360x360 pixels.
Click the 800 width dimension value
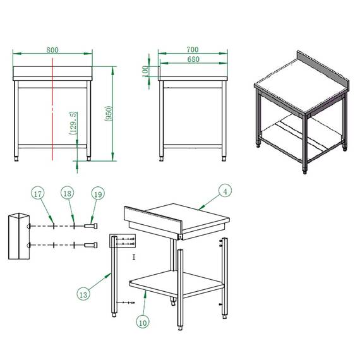(x=52, y=49)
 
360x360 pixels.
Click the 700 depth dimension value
(x=193, y=49)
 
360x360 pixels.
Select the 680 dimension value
(x=193, y=59)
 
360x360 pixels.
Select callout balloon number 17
(x=38, y=193)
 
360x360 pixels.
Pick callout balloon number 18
(x=67, y=193)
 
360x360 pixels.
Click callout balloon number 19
(x=97, y=193)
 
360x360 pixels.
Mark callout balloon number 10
(x=143, y=321)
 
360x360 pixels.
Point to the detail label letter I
(x=134, y=257)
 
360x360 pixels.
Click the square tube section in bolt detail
(x=18, y=237)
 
